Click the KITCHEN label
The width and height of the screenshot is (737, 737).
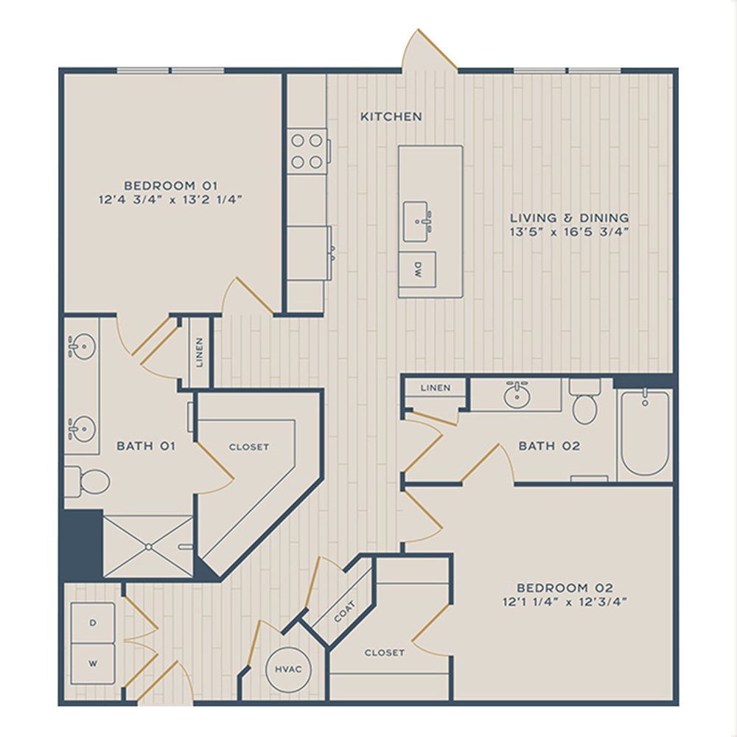tap(391, 116)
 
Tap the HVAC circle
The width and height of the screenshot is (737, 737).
tap(288, 669)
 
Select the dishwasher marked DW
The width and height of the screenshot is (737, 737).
tap(417, 269)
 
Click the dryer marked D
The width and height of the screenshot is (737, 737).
tap(93, 623)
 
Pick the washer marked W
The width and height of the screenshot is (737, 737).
tap(93, 664)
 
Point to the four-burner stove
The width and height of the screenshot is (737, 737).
tap(307, 151)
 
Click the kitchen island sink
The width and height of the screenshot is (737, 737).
tap(416, 221)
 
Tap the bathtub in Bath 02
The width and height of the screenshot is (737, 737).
tap(645, 433)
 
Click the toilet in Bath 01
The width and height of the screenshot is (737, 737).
tap(88, 481)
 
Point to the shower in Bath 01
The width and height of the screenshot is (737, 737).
tap(148, 547)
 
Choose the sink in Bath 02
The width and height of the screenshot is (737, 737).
tap(517, 395)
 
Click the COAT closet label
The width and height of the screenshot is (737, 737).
tap(344, 611)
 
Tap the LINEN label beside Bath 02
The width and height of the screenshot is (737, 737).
tap(436, 388)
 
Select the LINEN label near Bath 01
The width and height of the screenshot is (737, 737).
tap(199, 352)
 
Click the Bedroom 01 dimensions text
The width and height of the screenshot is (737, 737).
tap(170, 200)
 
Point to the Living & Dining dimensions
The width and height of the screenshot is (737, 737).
tap(569, 231)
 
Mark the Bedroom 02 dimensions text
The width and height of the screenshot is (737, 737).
tap(565, 601)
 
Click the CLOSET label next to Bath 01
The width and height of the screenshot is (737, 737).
tap(249, 447)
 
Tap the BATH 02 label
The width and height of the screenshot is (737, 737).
tap(549, 446)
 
